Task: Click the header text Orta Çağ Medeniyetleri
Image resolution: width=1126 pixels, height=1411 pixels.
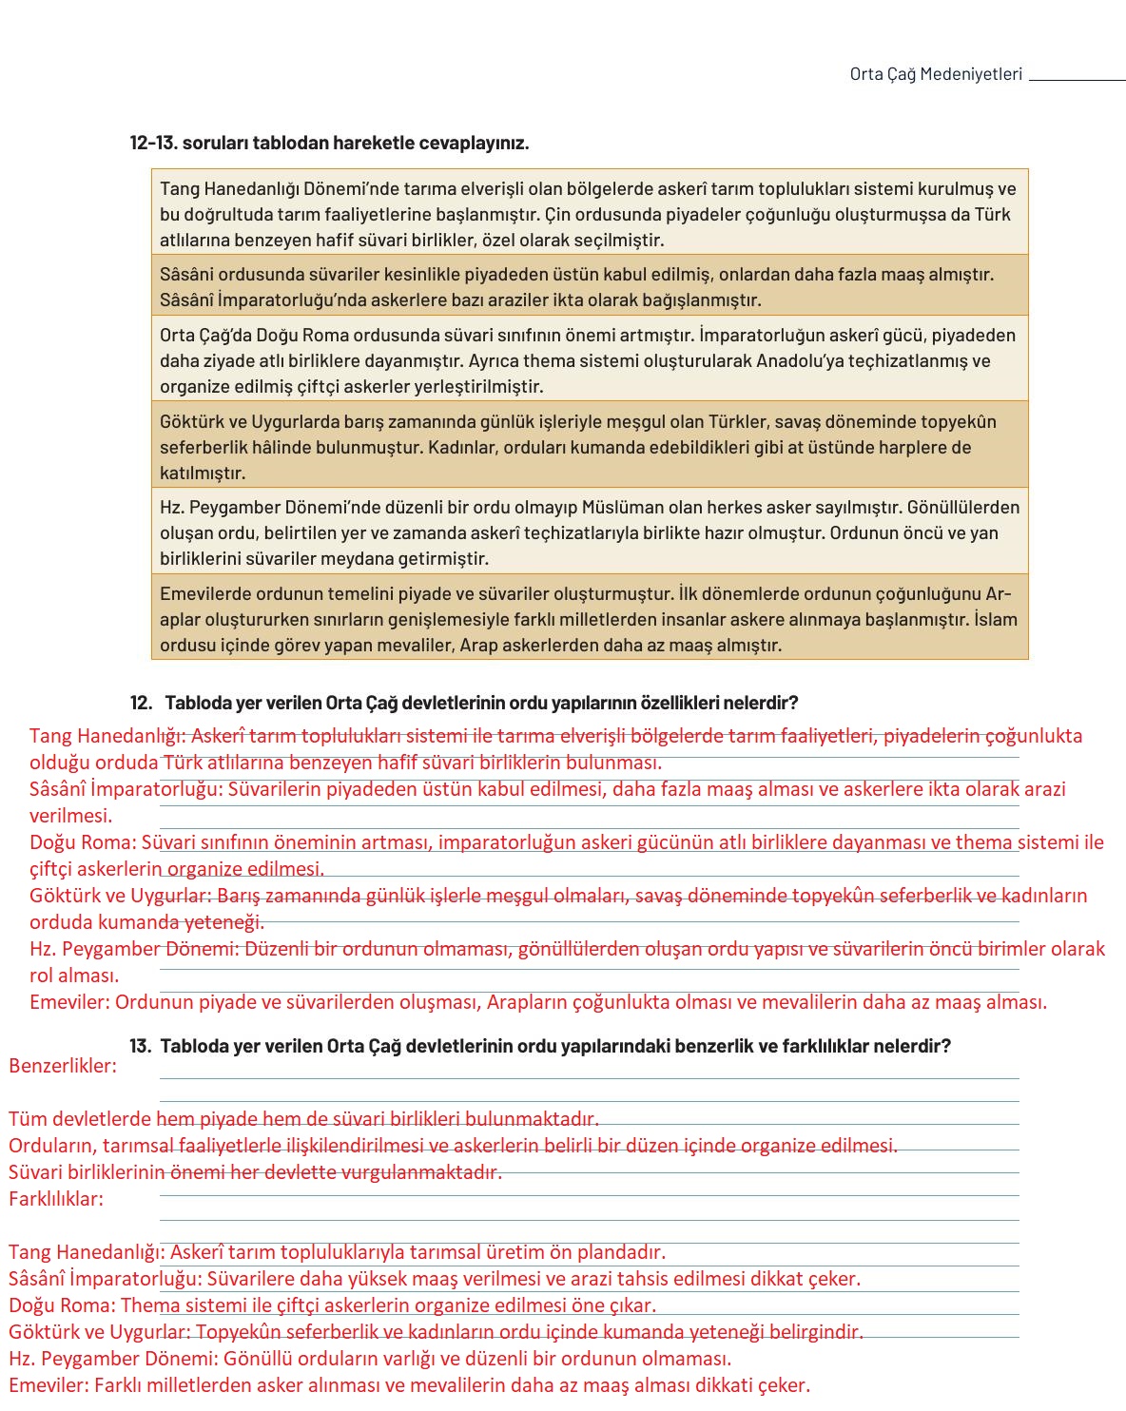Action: click(936, 74)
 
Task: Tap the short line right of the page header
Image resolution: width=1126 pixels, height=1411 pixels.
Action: click(1077, 81)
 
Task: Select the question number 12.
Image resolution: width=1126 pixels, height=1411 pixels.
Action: click(141, 703)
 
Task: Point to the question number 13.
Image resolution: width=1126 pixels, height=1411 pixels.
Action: click(140, 1046)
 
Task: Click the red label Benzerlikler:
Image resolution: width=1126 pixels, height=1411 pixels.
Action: click(63, 1066)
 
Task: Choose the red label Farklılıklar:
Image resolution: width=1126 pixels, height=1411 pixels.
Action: click(56, 1199)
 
